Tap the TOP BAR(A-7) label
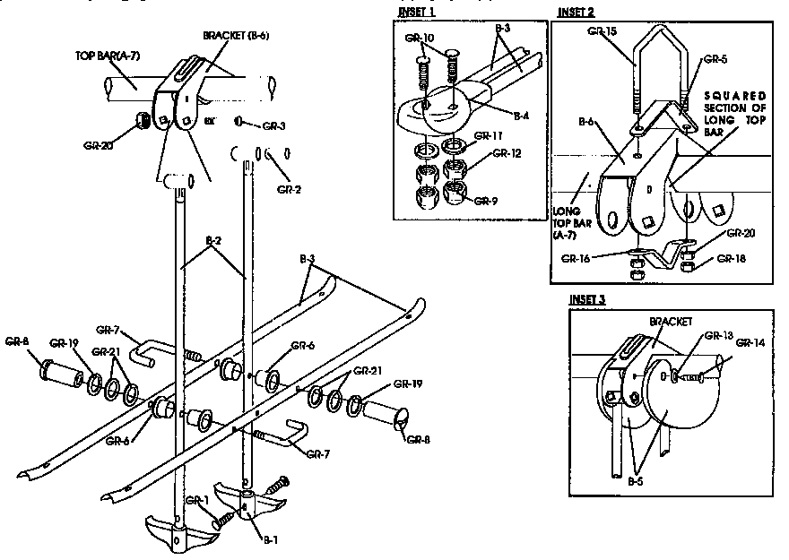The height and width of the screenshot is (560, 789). coord(105,55)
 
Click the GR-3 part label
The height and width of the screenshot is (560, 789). coord(274,125)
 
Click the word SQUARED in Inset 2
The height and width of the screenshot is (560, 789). coord(734,96)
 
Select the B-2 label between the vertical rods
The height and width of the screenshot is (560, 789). coord(213,240)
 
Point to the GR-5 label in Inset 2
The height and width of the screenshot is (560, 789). coord(715,60)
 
